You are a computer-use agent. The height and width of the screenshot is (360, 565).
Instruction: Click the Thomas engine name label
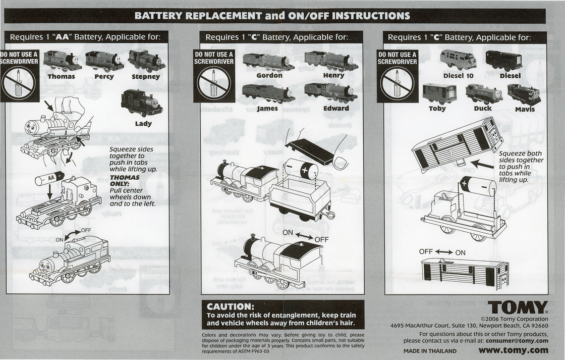[61, 77]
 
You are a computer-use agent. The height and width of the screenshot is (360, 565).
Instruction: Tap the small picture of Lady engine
[141, 104]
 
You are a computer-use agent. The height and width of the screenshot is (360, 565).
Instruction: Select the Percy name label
[104, 77]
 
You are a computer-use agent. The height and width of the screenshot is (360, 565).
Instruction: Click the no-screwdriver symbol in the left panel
[19, 82]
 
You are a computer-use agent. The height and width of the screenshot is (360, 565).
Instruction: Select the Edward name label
[336, 108]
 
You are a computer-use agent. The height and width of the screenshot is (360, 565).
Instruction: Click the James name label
[267, 108]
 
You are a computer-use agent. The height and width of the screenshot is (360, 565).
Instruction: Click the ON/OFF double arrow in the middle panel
[305, 235]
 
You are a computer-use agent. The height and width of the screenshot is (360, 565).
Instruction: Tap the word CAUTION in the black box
[230, 306]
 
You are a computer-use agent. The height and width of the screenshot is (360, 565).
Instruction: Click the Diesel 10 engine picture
[458, 60]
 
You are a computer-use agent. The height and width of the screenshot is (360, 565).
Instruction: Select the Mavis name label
[525, 109]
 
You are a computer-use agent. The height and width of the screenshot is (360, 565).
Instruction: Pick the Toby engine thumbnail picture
[437, 93]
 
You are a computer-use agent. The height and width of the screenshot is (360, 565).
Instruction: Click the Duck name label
[482, 109]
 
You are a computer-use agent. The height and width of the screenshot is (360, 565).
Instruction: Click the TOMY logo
[518, 307]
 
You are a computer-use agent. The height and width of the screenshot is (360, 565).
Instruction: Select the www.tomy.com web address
[513, 350]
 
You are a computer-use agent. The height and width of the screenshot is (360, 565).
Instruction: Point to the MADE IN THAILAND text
[430, 351]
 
